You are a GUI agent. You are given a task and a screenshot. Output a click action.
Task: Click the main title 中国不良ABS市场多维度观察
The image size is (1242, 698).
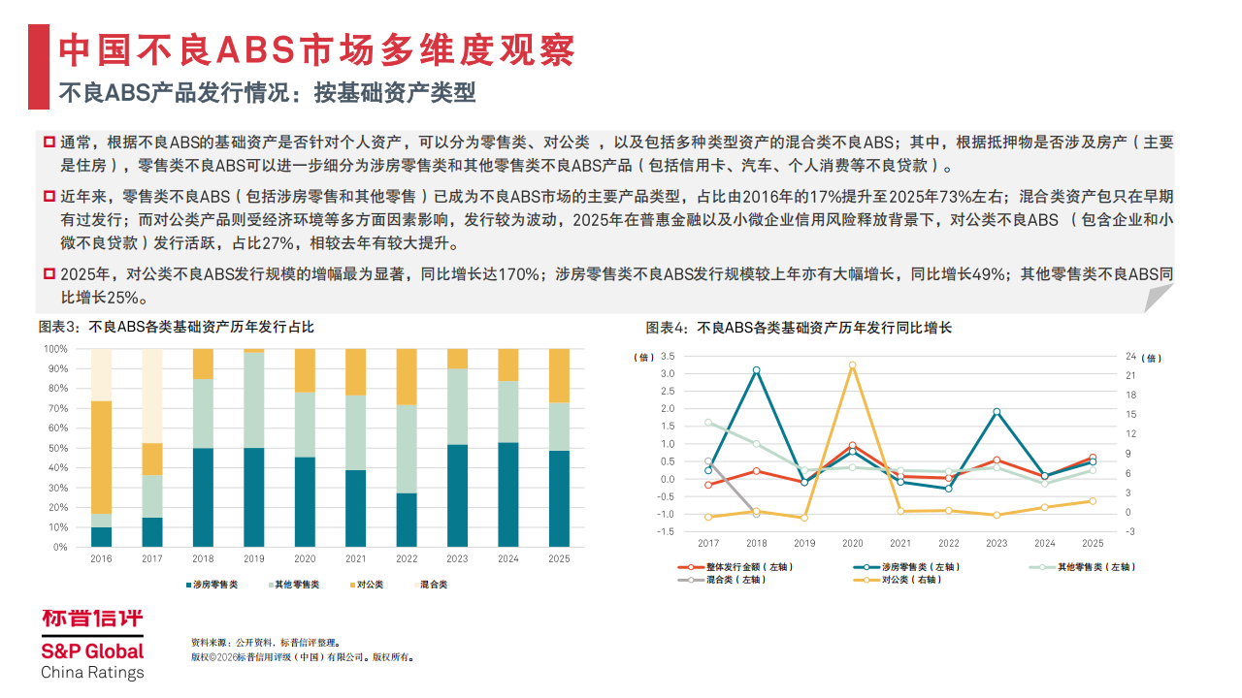click(316, 49)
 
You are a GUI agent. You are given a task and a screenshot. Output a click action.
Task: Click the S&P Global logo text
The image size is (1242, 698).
click(92, 650)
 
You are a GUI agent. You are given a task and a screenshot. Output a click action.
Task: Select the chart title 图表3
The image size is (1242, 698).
click(176, 328)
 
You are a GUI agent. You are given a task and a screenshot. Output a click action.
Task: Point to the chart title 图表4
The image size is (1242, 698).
click(799, 328)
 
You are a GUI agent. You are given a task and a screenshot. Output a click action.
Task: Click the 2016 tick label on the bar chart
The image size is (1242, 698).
click(101, 559)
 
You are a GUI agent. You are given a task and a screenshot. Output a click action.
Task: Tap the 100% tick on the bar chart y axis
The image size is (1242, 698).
click(55, 349)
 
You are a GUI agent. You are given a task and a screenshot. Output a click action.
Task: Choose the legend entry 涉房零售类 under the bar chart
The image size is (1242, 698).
click(215, 585)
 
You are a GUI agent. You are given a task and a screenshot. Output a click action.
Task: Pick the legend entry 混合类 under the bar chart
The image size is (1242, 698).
click(432, 585)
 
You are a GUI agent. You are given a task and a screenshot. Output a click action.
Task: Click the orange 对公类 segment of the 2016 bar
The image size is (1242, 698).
click(101, 457)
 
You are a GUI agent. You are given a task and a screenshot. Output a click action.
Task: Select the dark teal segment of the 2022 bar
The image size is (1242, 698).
click(407, 520)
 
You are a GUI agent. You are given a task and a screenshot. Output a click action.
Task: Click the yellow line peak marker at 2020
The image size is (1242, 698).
click(853, 365)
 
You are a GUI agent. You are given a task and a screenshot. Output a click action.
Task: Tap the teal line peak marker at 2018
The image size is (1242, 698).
click(757, 370)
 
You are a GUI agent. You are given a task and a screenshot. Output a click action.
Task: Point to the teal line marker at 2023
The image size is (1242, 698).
click(997, 412)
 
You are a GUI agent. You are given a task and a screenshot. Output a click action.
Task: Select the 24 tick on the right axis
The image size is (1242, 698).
click(1131, 356)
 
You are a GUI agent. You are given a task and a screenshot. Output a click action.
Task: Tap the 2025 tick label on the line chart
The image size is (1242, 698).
click(1092, 544)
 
